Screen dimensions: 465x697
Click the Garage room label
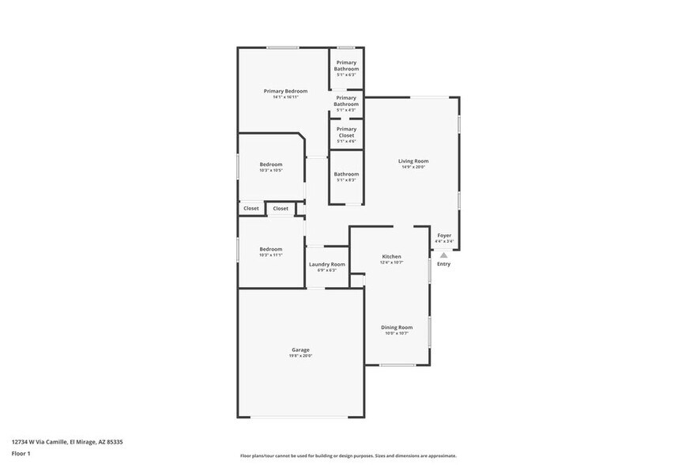pyautogui.click(x=300, y=350)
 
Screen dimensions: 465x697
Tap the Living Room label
pyautogui.click(x=413, y=161)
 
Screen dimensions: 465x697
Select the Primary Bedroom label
pyautogui.click(x=285, y=91)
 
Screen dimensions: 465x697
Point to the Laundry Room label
pyautogui.click(x=326, y=264)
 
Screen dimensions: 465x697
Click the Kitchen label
pyautogui.click(x=391, y=256)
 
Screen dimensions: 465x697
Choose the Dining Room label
pyautogui.click(x=397, y=327)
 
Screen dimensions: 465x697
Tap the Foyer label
pyautogui.click(x=444, y=235)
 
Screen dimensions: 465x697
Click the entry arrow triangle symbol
pyautogui.click(x=444, y=255)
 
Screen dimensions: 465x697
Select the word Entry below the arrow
pyautogui.click(x=444, y=264)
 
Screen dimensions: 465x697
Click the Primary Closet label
pyautogui.click(x=346, y=132)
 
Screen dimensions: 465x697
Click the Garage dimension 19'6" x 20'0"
pyautogui.click(x=300, y=356)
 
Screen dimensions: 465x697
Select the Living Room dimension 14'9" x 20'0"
pyautogui.click(x=413, y=168)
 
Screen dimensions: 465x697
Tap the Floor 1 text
pyautogui.click(x=21, y=454)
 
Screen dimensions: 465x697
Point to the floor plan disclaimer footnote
pyautogui.click(x=348, y=456)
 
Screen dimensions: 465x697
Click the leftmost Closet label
pyautogui.click(x=251, y=209)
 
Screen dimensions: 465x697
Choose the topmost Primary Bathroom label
pyautogui.click(x=346, y=66)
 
